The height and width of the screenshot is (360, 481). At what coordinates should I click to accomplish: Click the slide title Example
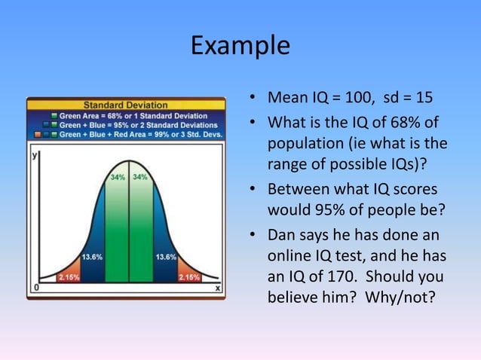[240, 46]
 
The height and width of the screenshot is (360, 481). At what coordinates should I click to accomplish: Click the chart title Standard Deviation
[126, 104]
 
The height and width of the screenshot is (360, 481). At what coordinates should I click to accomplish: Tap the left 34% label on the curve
[118, 177]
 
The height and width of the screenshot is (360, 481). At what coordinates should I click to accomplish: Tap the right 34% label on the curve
[140, 177]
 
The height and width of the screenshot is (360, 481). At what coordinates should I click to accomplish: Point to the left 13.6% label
[92, 257]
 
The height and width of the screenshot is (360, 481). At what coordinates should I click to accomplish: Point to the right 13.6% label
[166, 257]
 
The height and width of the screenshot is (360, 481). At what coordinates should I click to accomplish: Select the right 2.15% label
[188, 277]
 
